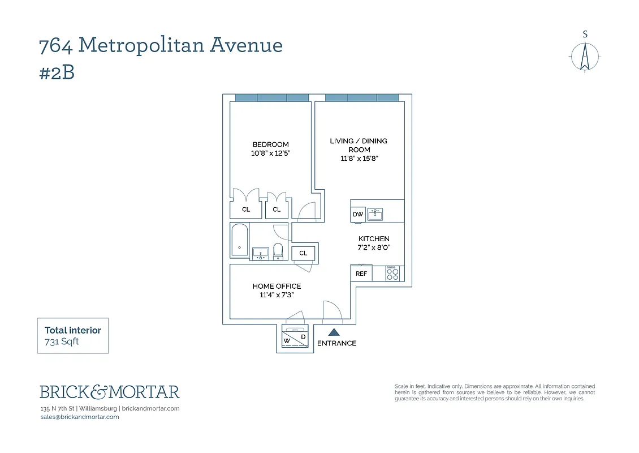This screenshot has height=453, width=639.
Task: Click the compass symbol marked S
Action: tap(585, 57)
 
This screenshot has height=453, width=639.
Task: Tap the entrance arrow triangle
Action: tap(334, 333)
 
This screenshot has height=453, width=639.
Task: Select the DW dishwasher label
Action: tap(358, 215)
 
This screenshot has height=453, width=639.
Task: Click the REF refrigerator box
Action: tap(361, 273)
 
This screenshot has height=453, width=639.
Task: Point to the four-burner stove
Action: tap(392, 273)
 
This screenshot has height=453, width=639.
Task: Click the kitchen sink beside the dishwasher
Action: tap(375, 214)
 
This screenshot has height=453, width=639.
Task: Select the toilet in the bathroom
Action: tap(278, 250)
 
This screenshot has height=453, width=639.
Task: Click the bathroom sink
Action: tap(260, 253)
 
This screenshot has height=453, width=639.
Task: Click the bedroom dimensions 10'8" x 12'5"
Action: tap(271, 153)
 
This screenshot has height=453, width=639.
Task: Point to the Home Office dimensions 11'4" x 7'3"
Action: tap(277, 295)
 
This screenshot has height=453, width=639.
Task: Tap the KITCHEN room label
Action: tap(374, 239)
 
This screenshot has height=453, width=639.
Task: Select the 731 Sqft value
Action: tap(62, 341)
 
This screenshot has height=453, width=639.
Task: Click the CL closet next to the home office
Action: tap(304, 253)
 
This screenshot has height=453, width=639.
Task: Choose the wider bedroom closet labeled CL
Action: tap(246, 210)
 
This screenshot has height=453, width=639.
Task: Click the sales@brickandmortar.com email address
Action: tap(80, 417)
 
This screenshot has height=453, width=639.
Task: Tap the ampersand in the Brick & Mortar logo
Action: tap(99, 391)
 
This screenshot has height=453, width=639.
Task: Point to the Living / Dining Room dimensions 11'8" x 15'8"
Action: tap(359, 159)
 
